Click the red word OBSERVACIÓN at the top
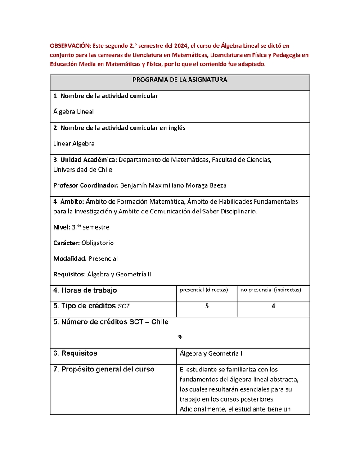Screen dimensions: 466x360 [70, 46]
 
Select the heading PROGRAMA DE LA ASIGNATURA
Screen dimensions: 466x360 [180, 80]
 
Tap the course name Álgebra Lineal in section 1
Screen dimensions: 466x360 [73, 112]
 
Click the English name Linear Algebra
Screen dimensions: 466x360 [74, 144]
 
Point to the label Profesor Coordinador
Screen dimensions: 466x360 [85, 185]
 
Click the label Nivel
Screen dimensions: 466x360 [61, 227]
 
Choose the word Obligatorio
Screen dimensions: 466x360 [98, 243]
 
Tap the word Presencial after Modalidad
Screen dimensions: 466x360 [103, 259]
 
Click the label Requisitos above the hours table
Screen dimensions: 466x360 [69, 275]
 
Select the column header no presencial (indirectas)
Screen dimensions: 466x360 [271, 290]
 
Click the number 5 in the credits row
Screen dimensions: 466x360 [207, 306]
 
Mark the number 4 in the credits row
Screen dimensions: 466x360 [274, 306]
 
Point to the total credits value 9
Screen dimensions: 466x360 [180, 337]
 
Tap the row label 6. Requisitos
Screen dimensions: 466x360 [75, 353]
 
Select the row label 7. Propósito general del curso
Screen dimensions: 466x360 [103, 370]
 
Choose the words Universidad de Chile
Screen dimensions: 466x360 [83, 170]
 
